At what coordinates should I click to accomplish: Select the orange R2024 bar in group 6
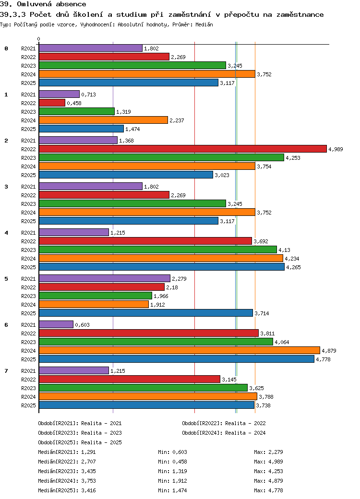[x=179, y=350]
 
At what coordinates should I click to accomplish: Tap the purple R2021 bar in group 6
[x=56, y=324]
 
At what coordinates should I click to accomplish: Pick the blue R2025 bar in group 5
[x=145, y=313]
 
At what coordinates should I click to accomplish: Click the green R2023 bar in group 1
[x=77, y=111]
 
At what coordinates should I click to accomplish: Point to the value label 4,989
[x=336, y=149]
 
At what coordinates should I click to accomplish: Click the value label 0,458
[x=74, y=103]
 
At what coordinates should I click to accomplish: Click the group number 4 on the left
[x=6, y=233]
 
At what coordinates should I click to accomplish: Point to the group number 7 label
[x=6, y=371]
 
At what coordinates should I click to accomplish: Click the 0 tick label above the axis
[x=39, y=39]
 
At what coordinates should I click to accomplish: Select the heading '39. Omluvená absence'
[x=43, y=4]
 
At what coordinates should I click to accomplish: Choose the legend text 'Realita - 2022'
[x=245, y=423]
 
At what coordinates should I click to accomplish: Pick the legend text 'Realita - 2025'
[x=101, y=442]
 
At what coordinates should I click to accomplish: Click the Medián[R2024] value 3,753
[x=89, y=481]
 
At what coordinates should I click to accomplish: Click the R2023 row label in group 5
[x=28, y=296]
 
